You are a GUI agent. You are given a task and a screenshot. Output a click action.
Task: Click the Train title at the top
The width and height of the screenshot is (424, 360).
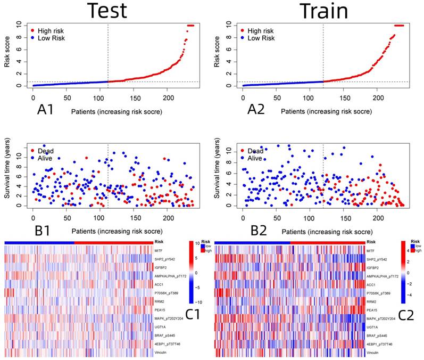coord(323,11)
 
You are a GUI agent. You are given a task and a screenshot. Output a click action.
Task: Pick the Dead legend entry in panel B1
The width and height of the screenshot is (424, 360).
coord(46,151)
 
